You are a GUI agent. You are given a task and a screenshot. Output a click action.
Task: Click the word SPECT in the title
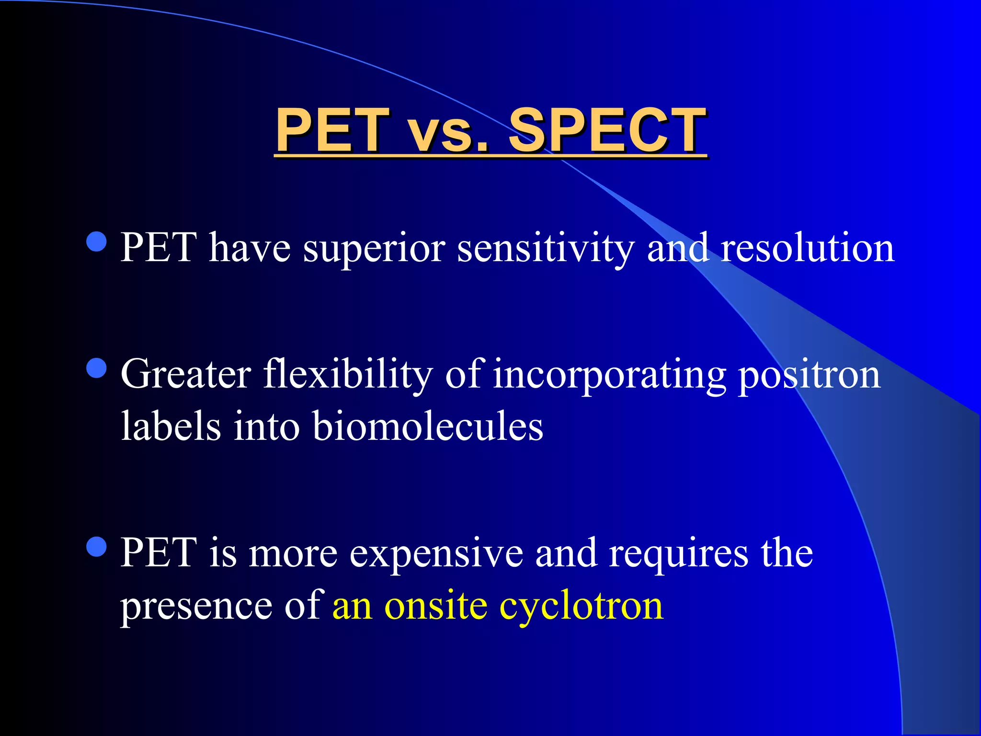tap(607, 130)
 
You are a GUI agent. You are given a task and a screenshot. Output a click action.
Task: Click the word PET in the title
tap(333, 130)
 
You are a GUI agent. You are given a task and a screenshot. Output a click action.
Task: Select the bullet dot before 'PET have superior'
tap(97, 241)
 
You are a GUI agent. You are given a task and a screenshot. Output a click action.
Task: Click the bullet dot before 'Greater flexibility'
tap(97, 368)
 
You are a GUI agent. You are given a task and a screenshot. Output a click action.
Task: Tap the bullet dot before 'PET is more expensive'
tap(97, 547)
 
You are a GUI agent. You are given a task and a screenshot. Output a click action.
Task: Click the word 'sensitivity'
tap(546, 248)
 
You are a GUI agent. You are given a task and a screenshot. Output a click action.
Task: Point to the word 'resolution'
tap(807, 248)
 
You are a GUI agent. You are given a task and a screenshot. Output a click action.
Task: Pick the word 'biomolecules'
tap(428, 426)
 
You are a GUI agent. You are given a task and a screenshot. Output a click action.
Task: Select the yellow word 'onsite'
tap(436, 607)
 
